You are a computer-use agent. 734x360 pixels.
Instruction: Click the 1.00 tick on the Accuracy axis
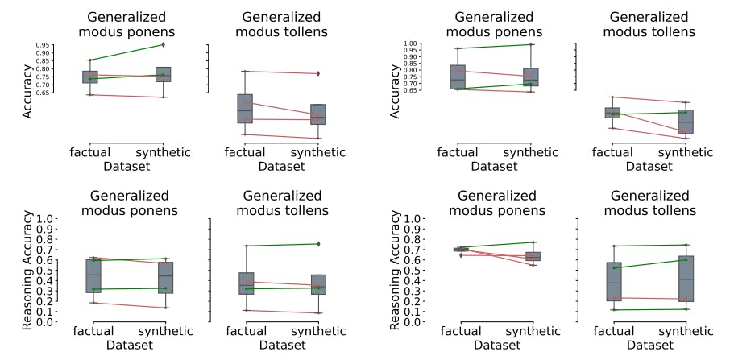coord(410,44)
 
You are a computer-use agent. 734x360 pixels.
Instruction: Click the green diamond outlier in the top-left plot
coord(163,45)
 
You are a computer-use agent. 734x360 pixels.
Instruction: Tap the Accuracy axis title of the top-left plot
coord(27,93)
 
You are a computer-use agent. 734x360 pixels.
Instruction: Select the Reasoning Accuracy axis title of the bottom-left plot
coord(28,270)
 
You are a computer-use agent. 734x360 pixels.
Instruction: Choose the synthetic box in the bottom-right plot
coord(686,279)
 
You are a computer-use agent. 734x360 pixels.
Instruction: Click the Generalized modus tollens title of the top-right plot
coord(649,24)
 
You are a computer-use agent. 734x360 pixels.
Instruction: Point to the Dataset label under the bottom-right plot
coord(649,344)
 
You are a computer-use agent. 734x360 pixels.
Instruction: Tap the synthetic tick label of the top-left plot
coord(163,151)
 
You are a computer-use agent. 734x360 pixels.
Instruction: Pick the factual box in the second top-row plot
coord(245,109)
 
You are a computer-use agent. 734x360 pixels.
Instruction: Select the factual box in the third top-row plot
coord(458,77)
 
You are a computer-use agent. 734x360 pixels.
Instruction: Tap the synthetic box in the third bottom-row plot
coord(533,256)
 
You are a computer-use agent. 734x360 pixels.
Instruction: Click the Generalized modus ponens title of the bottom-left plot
coord(130,203)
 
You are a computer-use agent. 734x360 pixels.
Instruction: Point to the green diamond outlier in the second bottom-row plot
coord(318,243)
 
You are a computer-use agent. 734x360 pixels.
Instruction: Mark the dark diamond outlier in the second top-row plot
coord(318,73)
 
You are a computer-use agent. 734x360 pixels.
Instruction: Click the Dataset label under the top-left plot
coord(130,166)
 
